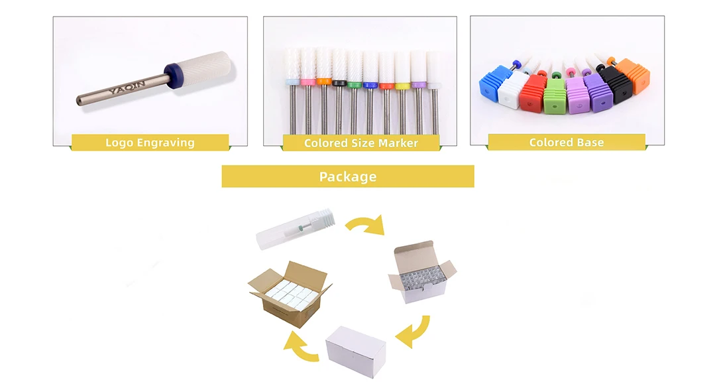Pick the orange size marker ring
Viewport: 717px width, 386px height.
tap(324, 82)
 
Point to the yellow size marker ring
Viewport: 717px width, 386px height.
tap(402, 86)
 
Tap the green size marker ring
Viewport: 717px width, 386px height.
tap(355, 84)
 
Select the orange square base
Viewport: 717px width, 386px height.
tap(633, 76)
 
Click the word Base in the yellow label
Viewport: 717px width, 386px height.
tap(589, 142)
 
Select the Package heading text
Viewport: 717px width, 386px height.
tap(348, 176)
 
